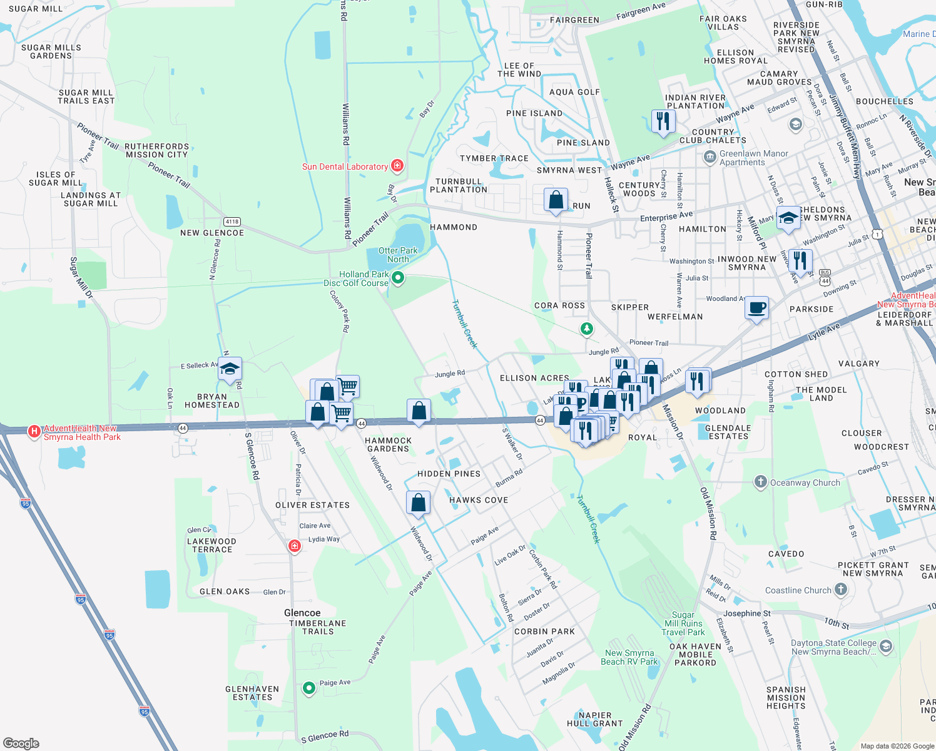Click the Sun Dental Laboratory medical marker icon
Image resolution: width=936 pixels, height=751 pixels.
point(397,166)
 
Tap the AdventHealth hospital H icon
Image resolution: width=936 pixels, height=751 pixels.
point(34,431)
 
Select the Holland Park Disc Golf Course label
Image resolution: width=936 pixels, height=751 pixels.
point(357,279)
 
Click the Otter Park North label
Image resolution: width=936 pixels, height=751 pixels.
point(398,255)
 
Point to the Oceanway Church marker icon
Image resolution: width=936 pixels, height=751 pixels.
point(760,482)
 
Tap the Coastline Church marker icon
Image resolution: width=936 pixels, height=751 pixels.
point(840,589)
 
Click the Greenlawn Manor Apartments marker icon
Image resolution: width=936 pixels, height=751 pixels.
point(710,156)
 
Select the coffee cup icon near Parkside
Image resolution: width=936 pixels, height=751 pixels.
point(756,308)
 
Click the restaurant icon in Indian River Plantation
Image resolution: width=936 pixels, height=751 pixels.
point(663,120)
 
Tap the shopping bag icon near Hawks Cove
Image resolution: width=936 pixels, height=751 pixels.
point(418,503)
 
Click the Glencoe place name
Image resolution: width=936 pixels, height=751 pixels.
point(302,613)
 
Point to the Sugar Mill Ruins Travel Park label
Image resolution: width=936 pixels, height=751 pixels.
point(683,623)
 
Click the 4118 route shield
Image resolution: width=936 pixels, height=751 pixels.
point(232,222)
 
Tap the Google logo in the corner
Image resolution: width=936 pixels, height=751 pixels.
point(21,743)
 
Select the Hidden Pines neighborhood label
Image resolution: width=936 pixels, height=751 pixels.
point(449,474)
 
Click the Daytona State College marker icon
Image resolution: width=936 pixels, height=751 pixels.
point(885,646)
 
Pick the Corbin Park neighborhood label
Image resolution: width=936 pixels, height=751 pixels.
point(544,631)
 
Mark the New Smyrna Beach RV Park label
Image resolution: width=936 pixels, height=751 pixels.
point(629,657)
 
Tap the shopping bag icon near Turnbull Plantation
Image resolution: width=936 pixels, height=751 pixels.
point(556,200)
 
